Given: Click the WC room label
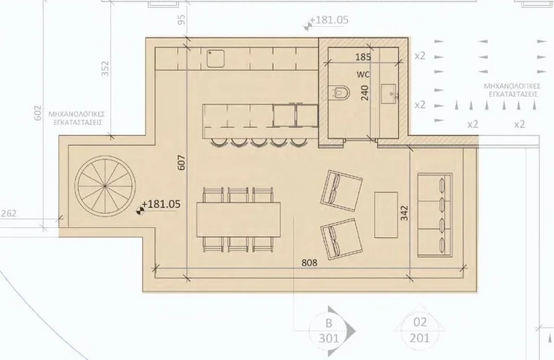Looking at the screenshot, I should click(x=363, y=74).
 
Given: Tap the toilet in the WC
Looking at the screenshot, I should click(x=340, y=92).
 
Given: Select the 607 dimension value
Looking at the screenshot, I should click(x=182, y=164).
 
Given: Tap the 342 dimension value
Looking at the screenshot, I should click(x=404, y=214).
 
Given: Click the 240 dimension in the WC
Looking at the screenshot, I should click(x=365, y=92).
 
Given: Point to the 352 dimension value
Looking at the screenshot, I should click(x=105, y=69).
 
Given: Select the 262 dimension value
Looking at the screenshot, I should click(x=9, y=214).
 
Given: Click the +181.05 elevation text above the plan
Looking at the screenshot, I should click(x=328, y=21).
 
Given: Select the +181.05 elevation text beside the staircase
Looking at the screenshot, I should click(x=161, y=204).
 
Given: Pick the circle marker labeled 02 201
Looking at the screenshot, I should click(x=420, y=330).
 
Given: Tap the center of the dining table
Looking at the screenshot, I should click(x=239, y=219).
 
